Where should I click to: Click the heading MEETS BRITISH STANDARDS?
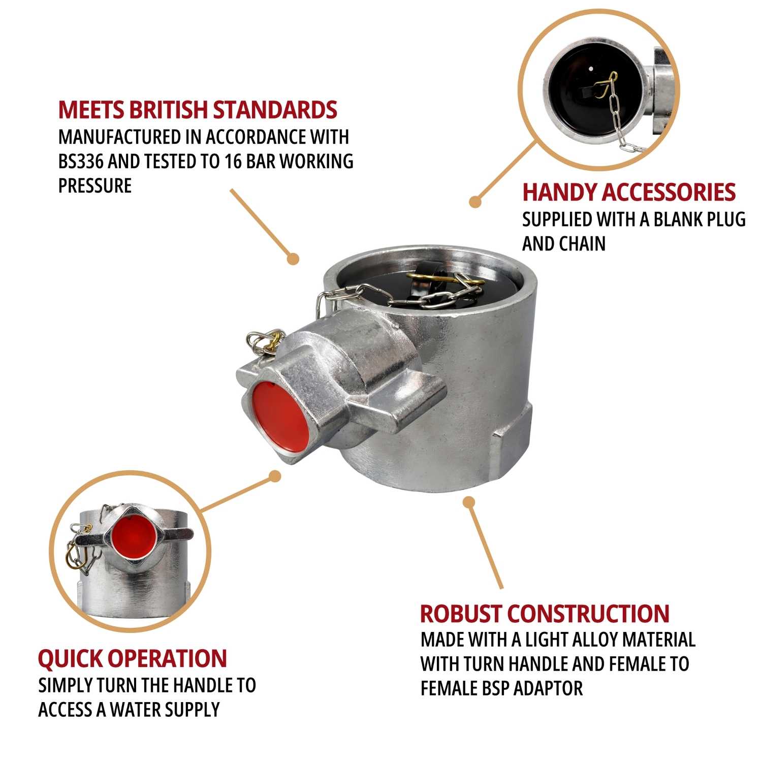(198, 110)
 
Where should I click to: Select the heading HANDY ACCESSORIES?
(629, 192)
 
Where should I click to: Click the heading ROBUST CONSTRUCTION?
(545, 614)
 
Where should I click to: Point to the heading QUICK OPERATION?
(132, 658)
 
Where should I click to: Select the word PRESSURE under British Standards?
(95, 185)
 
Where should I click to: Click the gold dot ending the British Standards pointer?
(293, 259)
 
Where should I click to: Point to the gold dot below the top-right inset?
(475, 202)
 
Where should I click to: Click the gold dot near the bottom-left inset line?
(275, 476)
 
